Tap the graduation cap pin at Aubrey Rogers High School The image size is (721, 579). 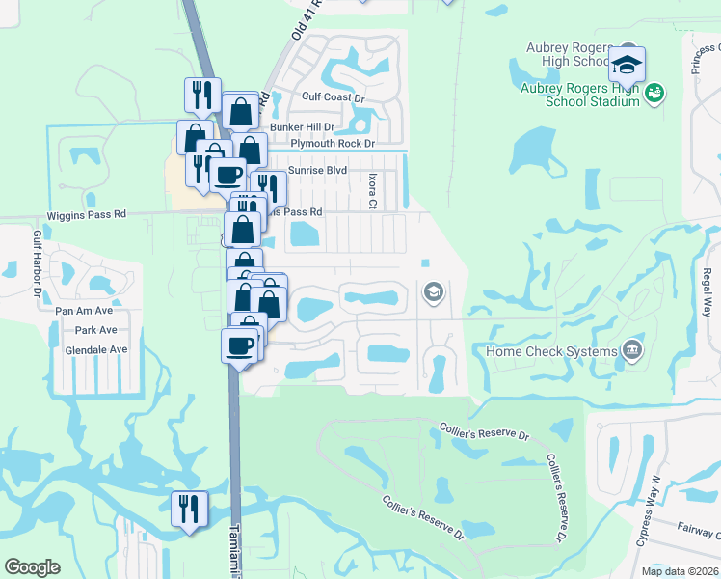click(x=627, y=66)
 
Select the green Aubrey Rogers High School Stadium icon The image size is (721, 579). click(x=655, y=94)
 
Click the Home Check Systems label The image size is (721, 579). click(x=550, y=351)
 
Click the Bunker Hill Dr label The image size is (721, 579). click(x=302, y=126)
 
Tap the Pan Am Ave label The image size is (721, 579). click(x=84, y=311)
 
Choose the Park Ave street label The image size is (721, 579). click(x=95, y=330)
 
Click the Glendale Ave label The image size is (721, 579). click(x=96, y=349)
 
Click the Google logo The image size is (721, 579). click(x=32, y=567)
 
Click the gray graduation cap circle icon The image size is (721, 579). click(x=433, y=291)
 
